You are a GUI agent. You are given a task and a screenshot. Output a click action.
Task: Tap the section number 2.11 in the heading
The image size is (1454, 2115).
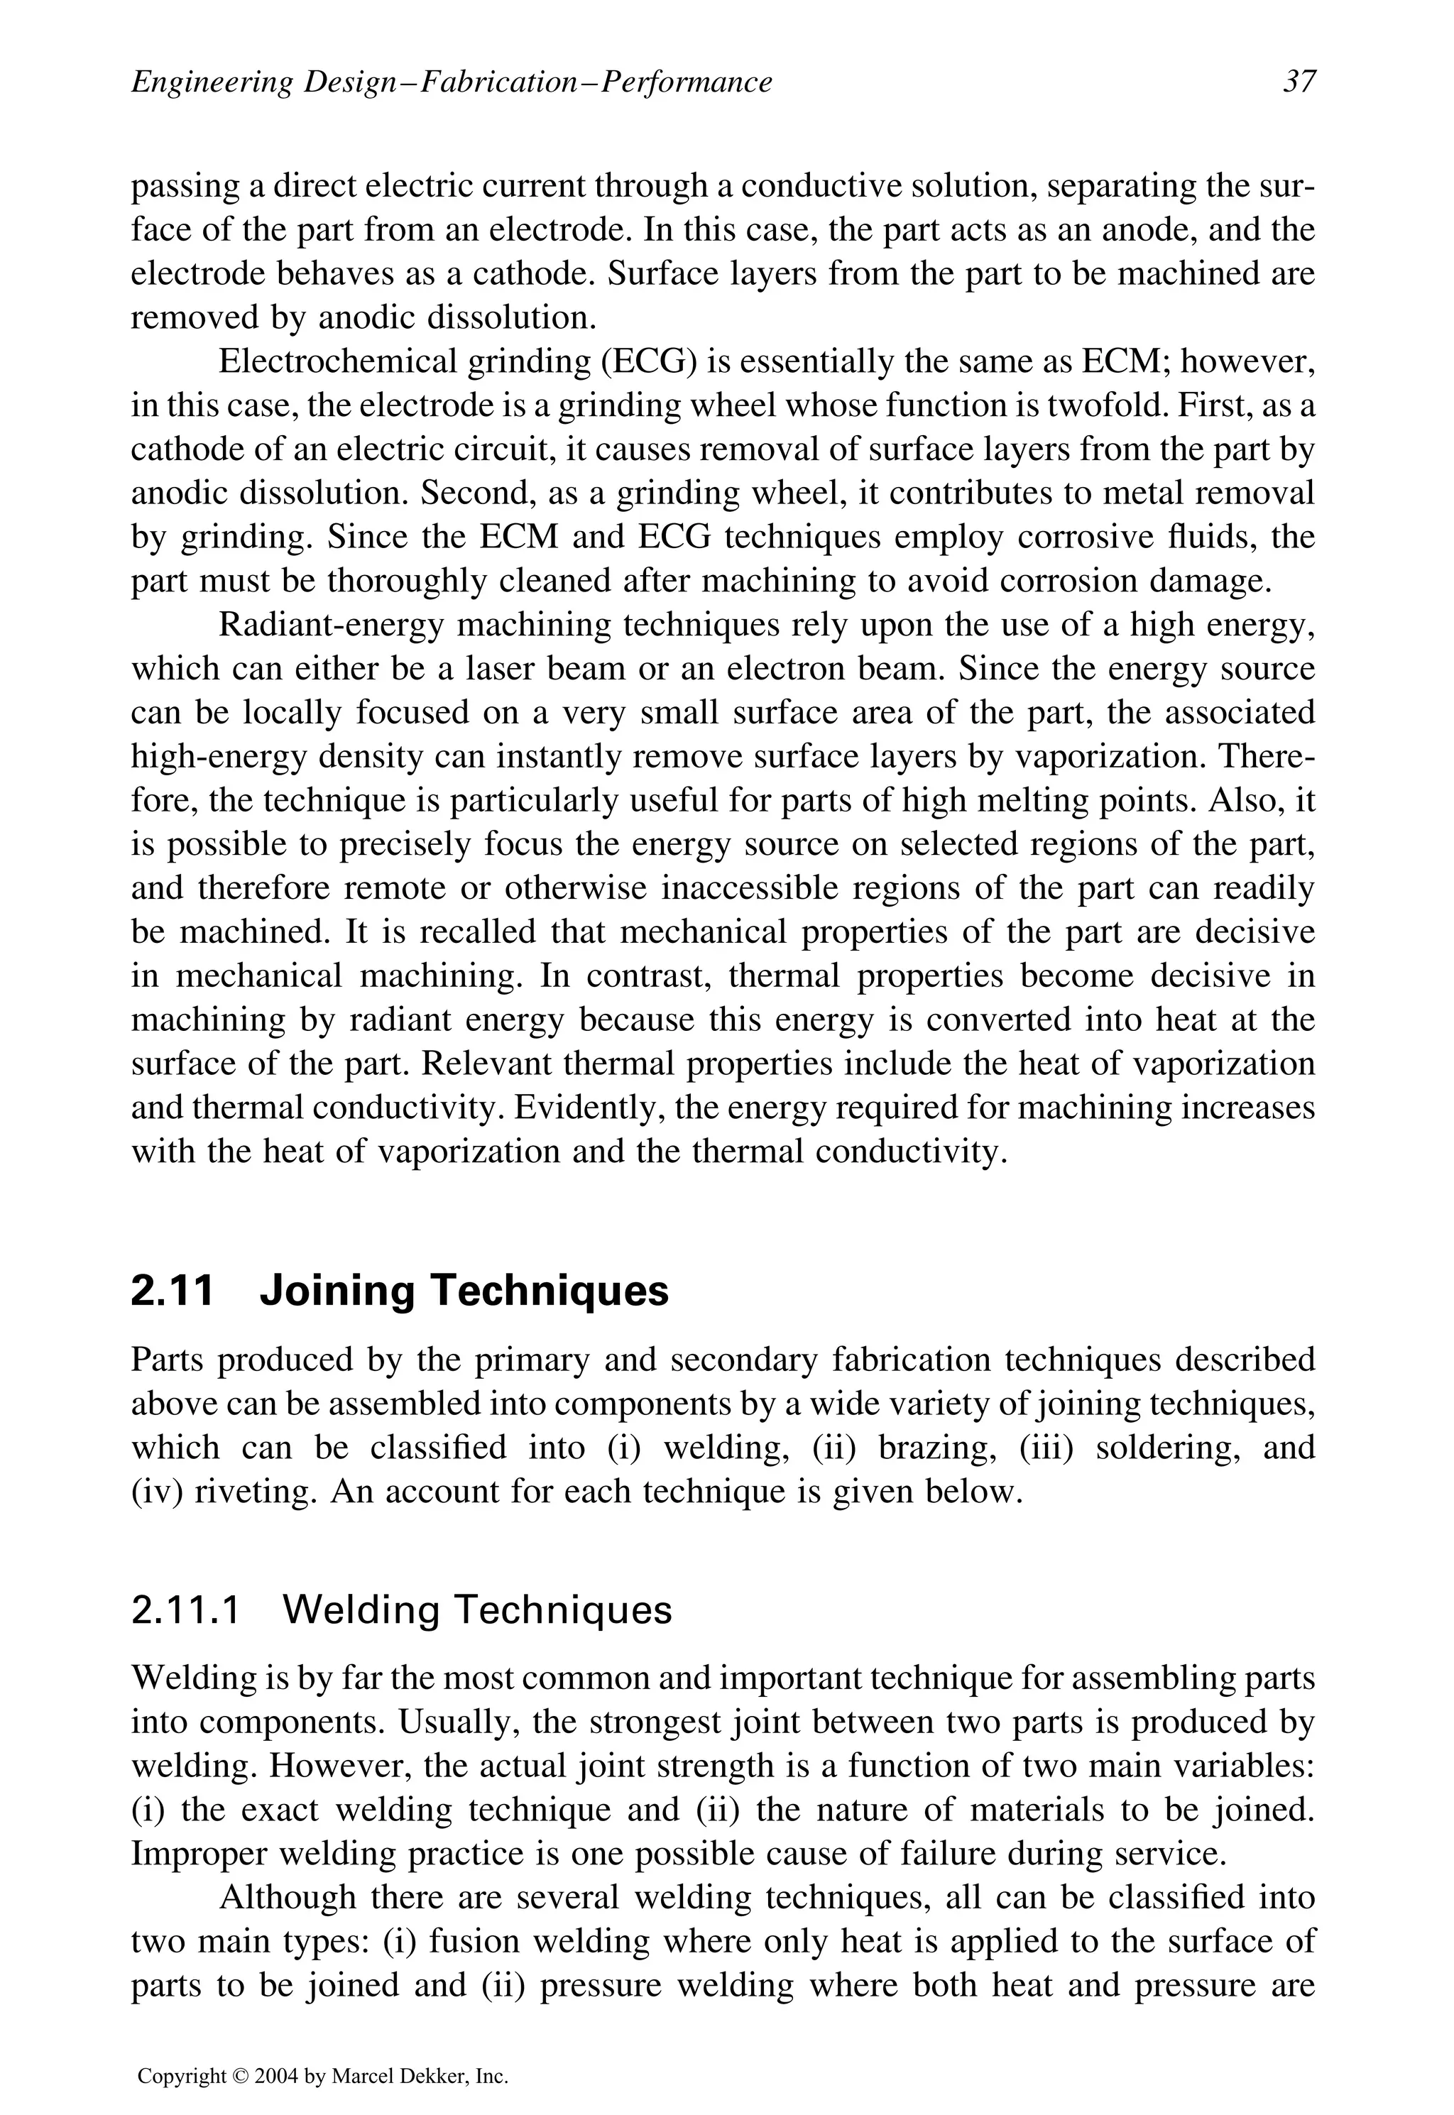pyautogui.click(x=173, y=1291)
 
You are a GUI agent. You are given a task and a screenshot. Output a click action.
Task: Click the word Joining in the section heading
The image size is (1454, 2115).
pyautogui.click(x=337, y=1291)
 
